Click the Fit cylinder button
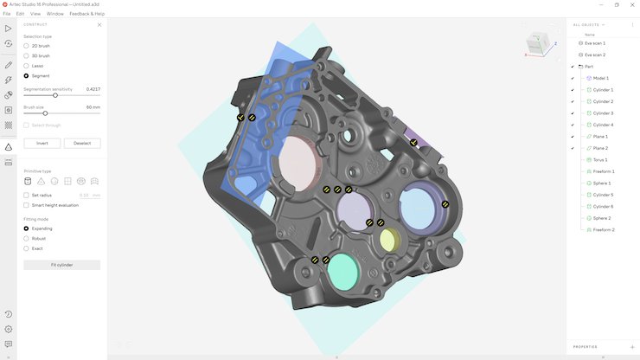coord(61,265)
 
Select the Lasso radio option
coord(26,66)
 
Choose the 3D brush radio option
coord(26,55)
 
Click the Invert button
coord(42,144)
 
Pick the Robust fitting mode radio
coord(26,238)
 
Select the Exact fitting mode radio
coord(26,248)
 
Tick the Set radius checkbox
coord(26,195)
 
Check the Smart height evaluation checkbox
coord(26,205)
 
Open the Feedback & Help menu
coord(86,14)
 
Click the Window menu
coord(55,14)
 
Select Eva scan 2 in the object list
coord(594,55)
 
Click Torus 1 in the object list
coord(600,160)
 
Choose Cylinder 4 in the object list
coord(602,125)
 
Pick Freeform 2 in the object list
coord(604,230)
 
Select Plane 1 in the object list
coord(600,137)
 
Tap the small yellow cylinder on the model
coord(391,239)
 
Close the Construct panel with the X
coord(99,25)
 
